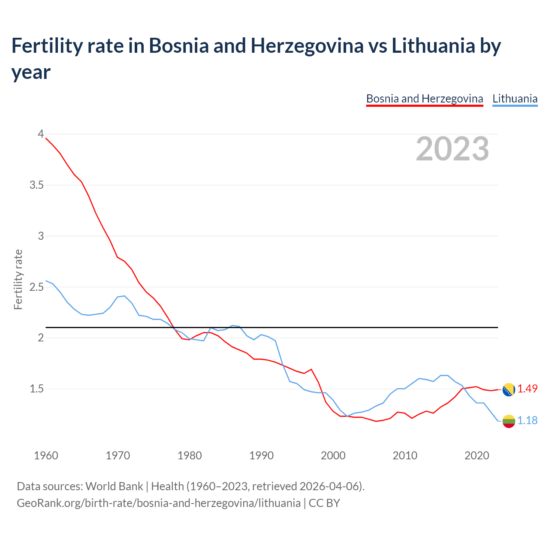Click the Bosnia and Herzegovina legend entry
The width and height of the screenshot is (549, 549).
tap(424, 99)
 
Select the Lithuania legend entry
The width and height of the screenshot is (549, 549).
tap(515, 99)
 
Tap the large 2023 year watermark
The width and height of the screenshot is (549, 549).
tap(452, 149)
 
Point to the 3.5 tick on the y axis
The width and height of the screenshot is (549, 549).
tap(36, 185)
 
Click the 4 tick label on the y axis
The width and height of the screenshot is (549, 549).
tap(41, 134)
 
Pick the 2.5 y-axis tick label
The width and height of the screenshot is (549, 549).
tap(36, 287)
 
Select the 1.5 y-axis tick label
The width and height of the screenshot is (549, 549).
tap(36, 389)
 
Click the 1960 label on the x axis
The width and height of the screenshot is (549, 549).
tap(46, 455)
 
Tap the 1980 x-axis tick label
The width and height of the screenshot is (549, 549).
tap(190, 455)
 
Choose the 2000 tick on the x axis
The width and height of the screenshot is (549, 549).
tap(333, 455)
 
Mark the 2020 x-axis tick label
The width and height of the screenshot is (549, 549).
tap(477, 455)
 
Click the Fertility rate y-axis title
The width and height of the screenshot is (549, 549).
tap(18, 279)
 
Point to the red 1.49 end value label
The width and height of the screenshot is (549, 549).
tap(527, 389)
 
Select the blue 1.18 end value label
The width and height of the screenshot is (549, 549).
tap(527, 420)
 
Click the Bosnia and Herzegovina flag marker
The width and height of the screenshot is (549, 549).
tap(509, 390)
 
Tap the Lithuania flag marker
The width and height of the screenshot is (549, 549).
tap(509, 421)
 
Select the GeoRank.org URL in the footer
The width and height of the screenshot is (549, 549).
tap(159, 503)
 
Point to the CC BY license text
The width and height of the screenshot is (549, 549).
tap(324, 503)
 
